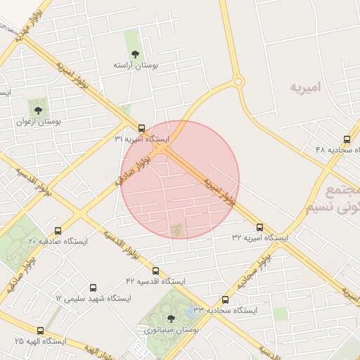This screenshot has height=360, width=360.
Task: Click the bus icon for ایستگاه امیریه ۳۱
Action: pos(142,128)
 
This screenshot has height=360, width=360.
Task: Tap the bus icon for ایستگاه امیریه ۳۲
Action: pos(260,227)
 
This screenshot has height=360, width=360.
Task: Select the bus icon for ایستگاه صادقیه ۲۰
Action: pos(58,231)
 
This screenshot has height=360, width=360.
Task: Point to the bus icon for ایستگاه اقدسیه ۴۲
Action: pos(155,271)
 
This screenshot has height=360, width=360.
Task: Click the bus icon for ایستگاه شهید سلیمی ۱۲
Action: pos(94,288)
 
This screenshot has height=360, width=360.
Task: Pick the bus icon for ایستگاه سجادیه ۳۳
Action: pos(225,300)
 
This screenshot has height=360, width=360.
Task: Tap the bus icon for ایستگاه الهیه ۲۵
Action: pos(39,330)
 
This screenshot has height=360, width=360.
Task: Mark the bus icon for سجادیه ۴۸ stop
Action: pos(347,139)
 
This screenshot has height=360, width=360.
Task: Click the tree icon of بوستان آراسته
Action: pos(136,53)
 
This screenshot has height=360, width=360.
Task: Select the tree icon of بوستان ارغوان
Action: pos(38,110)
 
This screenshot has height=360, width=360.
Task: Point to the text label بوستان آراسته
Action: pos(136,65)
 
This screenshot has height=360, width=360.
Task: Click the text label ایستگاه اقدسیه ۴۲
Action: pos(155,281)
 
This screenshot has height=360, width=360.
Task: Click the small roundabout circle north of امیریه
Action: pos(238,82)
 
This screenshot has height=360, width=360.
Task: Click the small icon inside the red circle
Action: pos(176,229)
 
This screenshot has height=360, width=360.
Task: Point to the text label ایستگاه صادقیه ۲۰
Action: pos(58,241)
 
